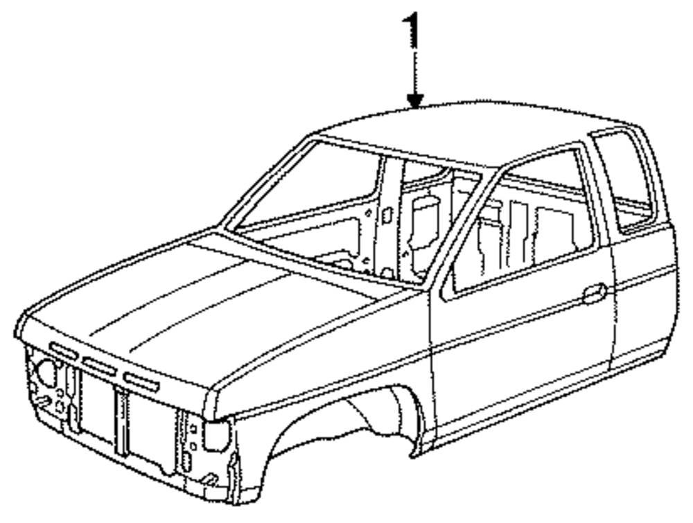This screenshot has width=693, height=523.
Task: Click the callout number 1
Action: pos(413,29)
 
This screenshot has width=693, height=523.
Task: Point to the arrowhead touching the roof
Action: pos(414,103)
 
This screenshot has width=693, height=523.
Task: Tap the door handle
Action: pos(595,293)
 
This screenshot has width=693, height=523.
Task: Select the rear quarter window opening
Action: pos(625,178)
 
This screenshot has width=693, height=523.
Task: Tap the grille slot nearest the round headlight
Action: pos(63,350)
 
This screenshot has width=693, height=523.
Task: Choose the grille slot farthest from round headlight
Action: pos(141,380)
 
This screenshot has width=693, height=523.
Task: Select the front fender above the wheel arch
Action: pos(326,360)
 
